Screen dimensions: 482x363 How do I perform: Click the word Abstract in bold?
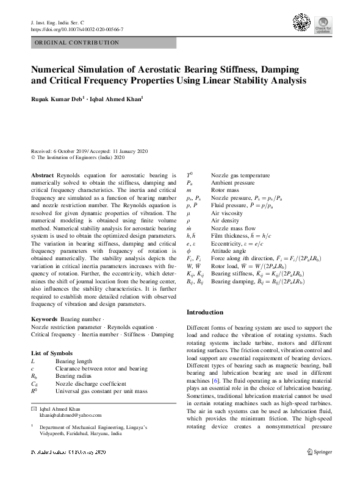click(42, 175)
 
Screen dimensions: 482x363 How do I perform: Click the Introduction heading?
click(204, 312)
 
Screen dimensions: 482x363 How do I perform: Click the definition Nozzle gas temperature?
click(240, 175)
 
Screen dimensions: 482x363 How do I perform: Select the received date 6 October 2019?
click(71, 151)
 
